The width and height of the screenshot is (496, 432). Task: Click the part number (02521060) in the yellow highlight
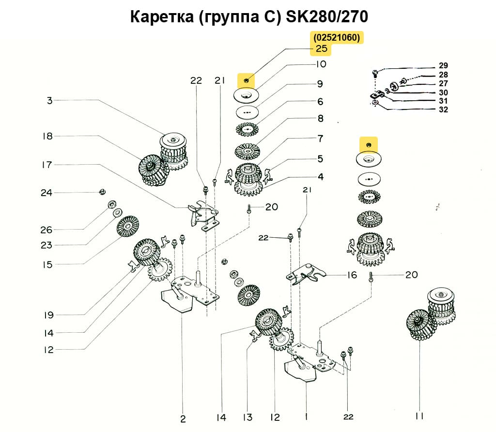pos(337,38)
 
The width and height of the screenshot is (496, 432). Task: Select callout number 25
pos(322,49)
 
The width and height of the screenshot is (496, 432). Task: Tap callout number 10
pos(321,64)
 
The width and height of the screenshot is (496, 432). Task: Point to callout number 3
pos(49,100)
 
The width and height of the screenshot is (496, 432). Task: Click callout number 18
pos(47,136)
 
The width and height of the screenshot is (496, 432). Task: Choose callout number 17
pos(46,165)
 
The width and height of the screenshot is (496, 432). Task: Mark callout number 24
pos(46,193)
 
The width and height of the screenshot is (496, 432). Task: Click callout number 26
pos(46,229)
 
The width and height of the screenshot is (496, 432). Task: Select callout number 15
pos(47,264)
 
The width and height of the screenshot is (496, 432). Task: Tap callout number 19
pos(47,315)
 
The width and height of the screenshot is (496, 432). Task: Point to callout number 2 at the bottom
pos(183,418)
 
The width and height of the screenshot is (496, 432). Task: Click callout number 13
pos(248,417)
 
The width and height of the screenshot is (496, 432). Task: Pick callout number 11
pos(419,416)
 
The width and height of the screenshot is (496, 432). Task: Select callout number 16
pos(352,275)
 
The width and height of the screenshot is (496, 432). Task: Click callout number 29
pos(443,65)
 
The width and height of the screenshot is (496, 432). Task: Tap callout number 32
pos(443,109)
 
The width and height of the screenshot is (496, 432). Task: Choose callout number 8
pos(320,119)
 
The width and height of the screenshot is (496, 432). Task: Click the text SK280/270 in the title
pos(327,17)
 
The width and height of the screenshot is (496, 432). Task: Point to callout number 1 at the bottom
pos(306,417)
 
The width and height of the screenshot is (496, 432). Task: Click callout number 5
pos(320,159)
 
